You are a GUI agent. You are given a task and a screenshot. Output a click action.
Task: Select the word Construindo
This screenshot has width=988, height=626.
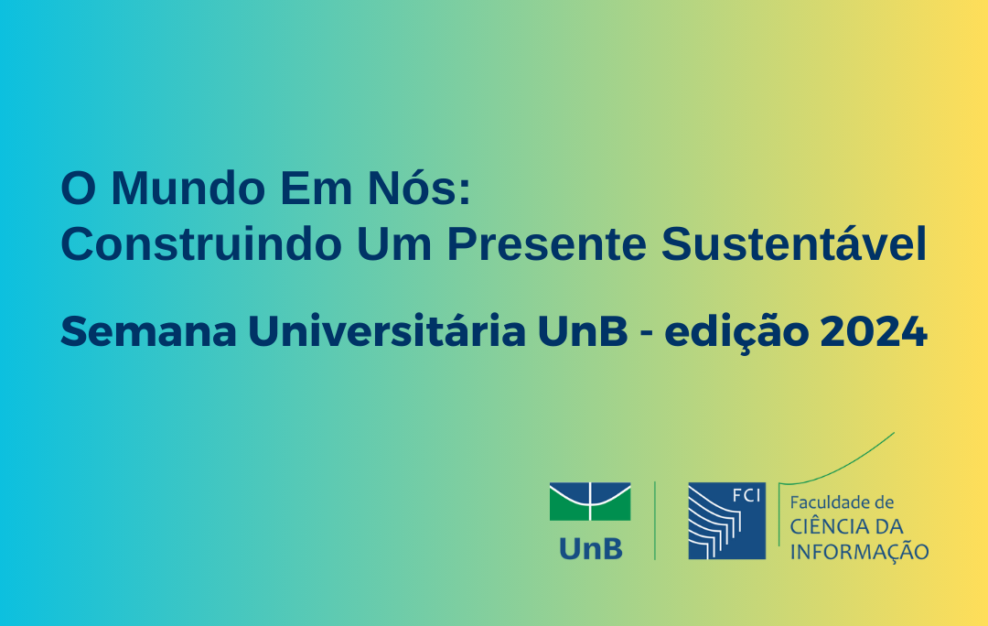click(x=201, y=243)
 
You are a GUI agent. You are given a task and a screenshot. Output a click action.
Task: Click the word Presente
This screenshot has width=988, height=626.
click(x=546, y=243)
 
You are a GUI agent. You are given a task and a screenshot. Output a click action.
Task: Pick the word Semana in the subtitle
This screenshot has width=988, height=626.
click(x=148, y=331)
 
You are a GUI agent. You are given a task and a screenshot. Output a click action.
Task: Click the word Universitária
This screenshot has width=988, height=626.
click(x=386, y=330)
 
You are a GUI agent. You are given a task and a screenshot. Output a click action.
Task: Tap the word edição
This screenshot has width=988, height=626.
click(x=736, y=331)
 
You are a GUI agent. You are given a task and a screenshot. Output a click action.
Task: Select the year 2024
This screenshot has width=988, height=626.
click(x=874, y=331)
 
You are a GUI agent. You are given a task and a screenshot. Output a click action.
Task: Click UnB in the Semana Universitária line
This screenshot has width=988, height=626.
click(x=583, y=331)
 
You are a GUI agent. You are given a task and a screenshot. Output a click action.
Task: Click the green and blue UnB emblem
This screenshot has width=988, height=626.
click(x=590, y=502)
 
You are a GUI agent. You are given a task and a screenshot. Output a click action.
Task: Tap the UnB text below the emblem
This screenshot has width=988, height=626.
click(x=590, y=548)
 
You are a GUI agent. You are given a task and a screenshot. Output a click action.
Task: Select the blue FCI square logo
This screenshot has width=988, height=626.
click(x=726, y=521)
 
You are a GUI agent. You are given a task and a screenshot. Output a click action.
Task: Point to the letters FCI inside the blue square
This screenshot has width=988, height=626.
click(x=746, y=495)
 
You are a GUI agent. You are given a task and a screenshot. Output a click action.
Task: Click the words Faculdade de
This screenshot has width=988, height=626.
click(x=842, y=502)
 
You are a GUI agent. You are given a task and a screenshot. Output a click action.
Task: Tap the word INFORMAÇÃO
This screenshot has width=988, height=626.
click(x=859, y=551)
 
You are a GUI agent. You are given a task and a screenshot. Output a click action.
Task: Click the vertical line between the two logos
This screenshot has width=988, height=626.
click(x=655, y=521)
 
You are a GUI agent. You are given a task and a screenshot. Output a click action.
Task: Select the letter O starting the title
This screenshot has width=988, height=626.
click(x=78, y=188)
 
